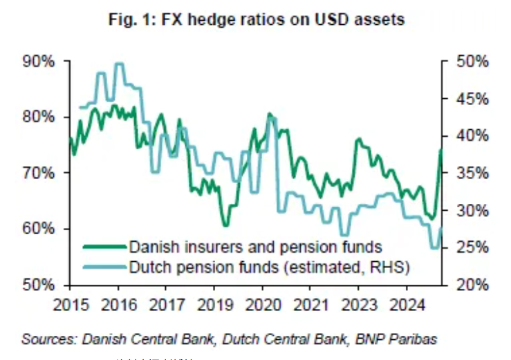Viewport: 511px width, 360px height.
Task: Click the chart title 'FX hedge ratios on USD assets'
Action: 283,20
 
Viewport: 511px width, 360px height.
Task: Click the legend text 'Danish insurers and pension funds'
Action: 254,246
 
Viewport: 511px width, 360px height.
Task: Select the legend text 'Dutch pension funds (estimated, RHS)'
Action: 269,266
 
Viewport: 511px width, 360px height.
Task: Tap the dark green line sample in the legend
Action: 104,246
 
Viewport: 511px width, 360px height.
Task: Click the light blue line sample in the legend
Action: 104,266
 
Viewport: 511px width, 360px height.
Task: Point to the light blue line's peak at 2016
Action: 119,64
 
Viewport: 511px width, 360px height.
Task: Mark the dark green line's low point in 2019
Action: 225,225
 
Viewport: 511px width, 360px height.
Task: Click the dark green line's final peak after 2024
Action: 440,150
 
